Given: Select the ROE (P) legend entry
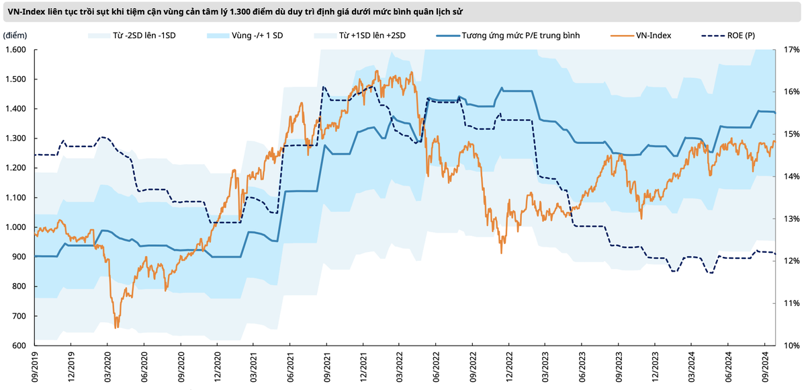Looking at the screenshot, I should (x=740, y=35).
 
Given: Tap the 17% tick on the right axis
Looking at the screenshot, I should (x=791, y=50).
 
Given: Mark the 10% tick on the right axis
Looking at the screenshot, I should (x=791, y=346).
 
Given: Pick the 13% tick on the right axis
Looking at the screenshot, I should (x=791, y=219).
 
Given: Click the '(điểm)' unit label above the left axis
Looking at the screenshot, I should (x=15, y=35).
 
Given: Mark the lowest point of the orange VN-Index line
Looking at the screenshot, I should (x=116, y=328).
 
